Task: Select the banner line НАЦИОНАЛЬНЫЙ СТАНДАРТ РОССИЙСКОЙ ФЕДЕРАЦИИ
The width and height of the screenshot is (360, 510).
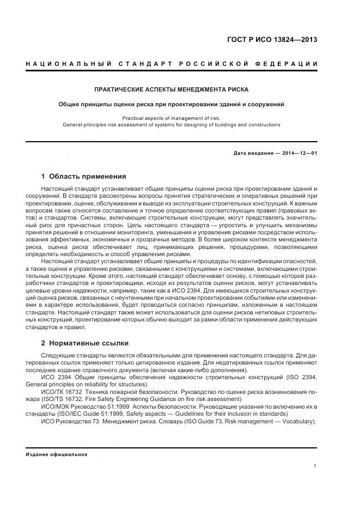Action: pyautogui.click(x=172, y=65)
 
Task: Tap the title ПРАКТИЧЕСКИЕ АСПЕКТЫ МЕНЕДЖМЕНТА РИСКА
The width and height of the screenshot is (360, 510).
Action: pyautogui.click(x=172, y=89)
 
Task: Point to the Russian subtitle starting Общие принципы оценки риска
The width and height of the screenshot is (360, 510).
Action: pyautogui.click(x=172, y=104)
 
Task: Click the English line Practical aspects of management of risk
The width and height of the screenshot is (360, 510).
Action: pyautogui.click(x=172, y=118)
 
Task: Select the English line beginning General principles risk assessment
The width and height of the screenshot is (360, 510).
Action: pyautogui.click(x=172, y=125)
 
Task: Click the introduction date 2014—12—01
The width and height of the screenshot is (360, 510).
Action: pyautogui.click(x=300, y=153)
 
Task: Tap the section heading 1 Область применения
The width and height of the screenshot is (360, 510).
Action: pyautogui.click(x=83, y=177)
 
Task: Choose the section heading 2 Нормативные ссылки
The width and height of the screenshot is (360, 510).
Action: pyautogui.click(x=85, y=343)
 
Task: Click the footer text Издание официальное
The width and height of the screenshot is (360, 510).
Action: pyautogui.click(x=56, y=454)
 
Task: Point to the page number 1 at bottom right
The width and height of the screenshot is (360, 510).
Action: pyautogui.click(x=315, y=466)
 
